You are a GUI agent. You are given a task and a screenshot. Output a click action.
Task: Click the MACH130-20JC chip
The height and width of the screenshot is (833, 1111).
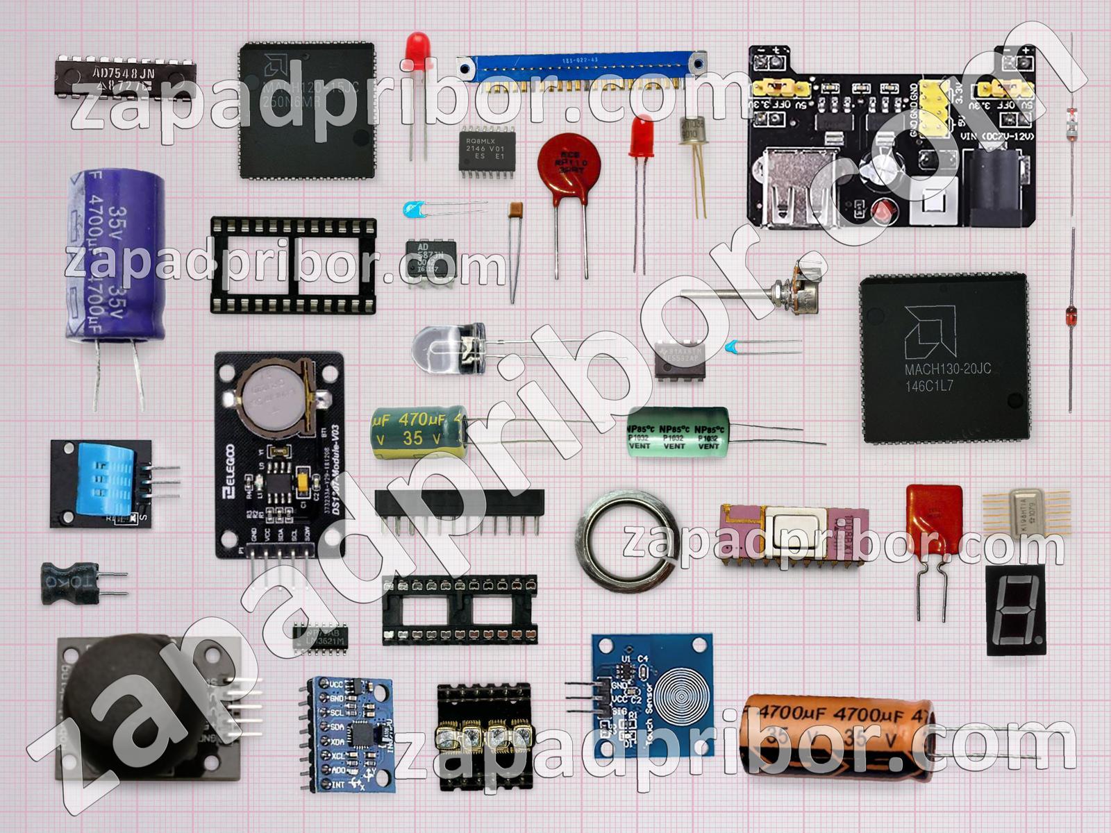click(x=945, y=357)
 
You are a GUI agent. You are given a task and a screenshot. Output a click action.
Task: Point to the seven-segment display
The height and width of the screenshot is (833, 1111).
click(x=1015, y=609)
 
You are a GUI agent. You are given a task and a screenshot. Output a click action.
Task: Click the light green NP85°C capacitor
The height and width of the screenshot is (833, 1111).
click(x=678, y=431)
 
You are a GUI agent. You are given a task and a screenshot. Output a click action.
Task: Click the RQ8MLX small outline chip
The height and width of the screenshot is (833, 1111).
click(x=485, y=149)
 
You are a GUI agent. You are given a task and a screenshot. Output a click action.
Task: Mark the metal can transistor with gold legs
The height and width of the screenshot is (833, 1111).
click(x=692, y=131)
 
